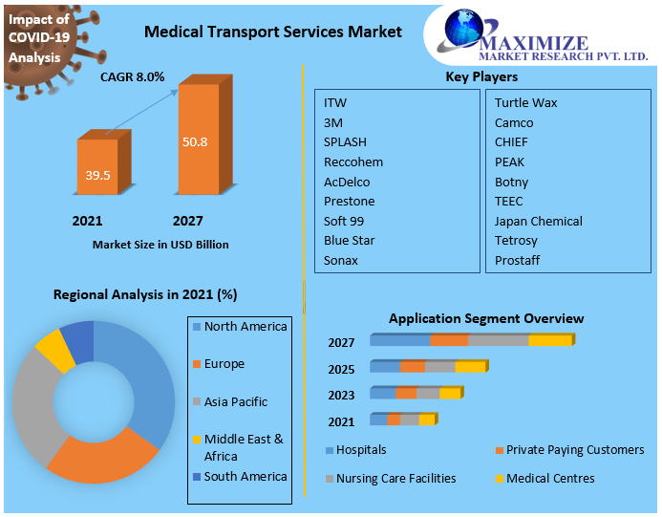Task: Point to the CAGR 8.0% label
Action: (133, 76)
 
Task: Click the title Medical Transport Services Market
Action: (272, 32)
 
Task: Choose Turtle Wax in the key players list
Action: (525, 102)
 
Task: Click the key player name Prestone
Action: (349, 201)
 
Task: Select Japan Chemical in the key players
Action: (538, 221)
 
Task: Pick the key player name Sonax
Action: (341, 260)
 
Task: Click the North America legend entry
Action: (245, 327)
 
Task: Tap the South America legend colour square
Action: (197, 477)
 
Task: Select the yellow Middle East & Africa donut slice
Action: (55, 350)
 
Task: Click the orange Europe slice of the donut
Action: (100, 459)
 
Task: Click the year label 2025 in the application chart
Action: (341, 369)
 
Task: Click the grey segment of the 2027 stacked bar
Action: (498, 339)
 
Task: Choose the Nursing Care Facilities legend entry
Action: (395, 478)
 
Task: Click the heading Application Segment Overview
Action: (485, 318)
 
